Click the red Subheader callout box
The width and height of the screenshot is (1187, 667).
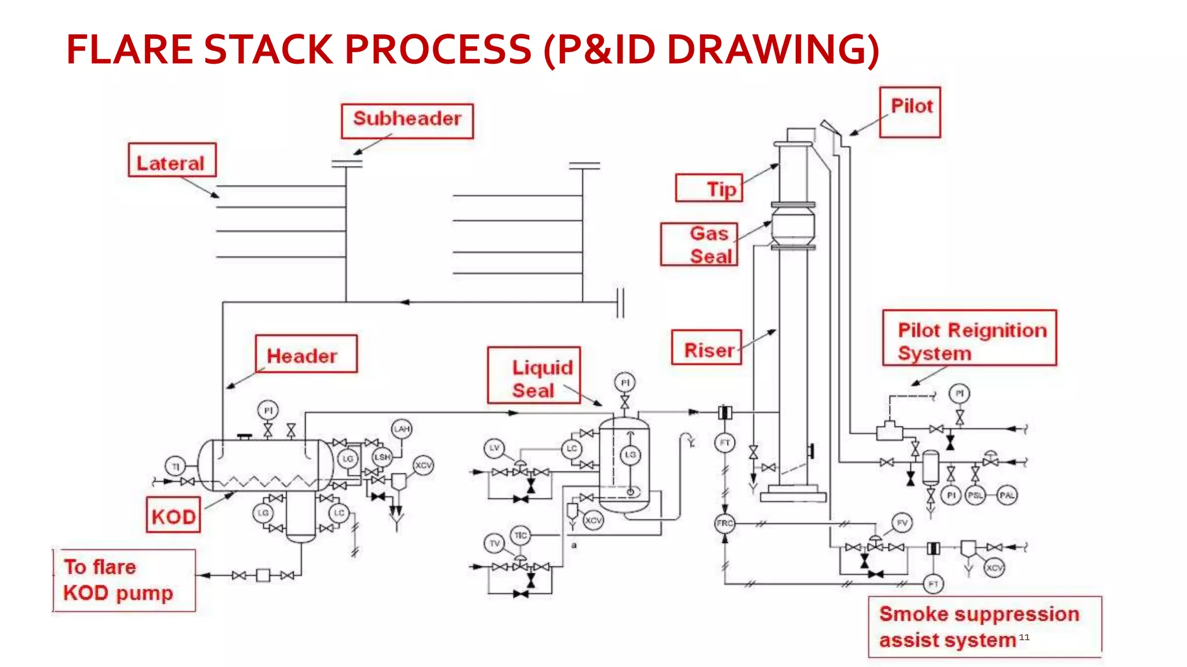[407, 120]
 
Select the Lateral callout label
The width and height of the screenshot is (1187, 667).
[172, 161]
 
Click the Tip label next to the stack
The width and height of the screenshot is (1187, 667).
[709, 188]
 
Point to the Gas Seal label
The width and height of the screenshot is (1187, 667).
[700, 244]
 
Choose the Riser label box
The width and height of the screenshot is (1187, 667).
[707, 347]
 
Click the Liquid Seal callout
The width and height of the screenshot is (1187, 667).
[534, 375]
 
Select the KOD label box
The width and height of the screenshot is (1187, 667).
[173, 515]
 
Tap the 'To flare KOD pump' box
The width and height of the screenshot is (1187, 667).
[124, 580]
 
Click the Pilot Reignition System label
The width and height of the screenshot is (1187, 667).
[970, 338]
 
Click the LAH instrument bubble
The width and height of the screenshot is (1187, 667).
[402, 429]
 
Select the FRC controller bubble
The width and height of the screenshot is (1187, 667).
[724, 523]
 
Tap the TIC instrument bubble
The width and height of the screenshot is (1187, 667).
[520, 536]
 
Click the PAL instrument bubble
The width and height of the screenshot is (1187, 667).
[1007, 496]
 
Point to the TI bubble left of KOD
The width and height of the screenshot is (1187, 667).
[175, 466]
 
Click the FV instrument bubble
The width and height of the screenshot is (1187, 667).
[902, 523]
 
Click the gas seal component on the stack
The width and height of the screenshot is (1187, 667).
[793, 225]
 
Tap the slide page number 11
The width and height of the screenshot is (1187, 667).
[1024, 637]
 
